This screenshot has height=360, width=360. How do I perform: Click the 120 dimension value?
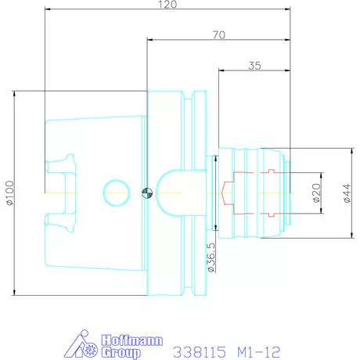tap(167, 5)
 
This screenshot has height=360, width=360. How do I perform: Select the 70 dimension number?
tap(218, 34)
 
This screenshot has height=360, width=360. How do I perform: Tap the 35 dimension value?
tap(254, 66)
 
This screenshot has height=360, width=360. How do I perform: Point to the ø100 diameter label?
tap(10, 193)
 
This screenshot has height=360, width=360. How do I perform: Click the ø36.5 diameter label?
tap(211, 257)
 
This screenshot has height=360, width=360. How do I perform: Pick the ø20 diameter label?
tap(317, 193)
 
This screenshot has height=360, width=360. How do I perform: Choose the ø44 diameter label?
tap(347, 193)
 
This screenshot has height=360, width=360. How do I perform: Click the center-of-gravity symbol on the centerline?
tap(147, 193)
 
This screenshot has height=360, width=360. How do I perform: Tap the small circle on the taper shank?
tap(117, 193)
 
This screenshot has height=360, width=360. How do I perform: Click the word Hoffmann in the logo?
tap(131, 340)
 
